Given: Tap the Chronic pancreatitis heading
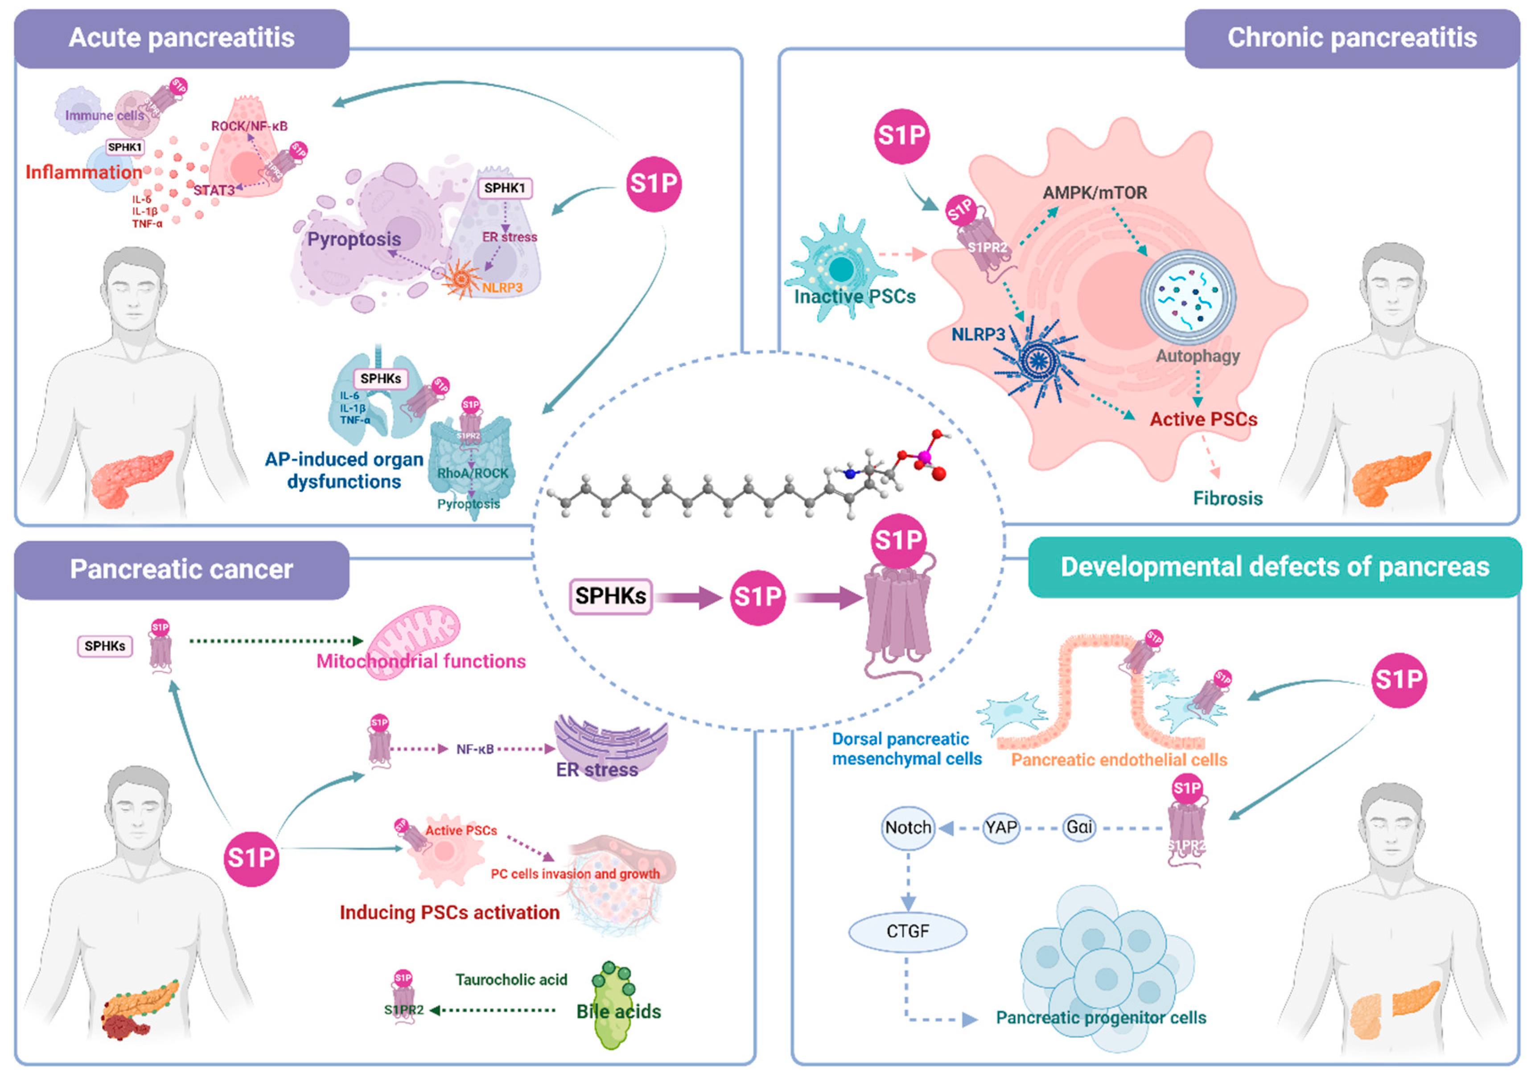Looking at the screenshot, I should [x=1351, y=38].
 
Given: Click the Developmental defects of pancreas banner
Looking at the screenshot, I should [x=1274, y=567].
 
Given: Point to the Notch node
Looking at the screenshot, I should [x=908, y=828].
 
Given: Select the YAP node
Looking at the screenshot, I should [x=1001, y=828].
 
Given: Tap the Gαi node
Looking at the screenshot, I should [x=1079, y=828].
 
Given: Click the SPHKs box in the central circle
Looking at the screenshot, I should [x=610, y=596].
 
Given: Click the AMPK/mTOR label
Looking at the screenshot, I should [x=1095, y=193].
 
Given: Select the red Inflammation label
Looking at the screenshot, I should [x=83, y=173].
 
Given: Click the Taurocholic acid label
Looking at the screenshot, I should [x=511, y=980].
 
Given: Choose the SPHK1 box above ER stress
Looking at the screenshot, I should [x=505, y=189].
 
